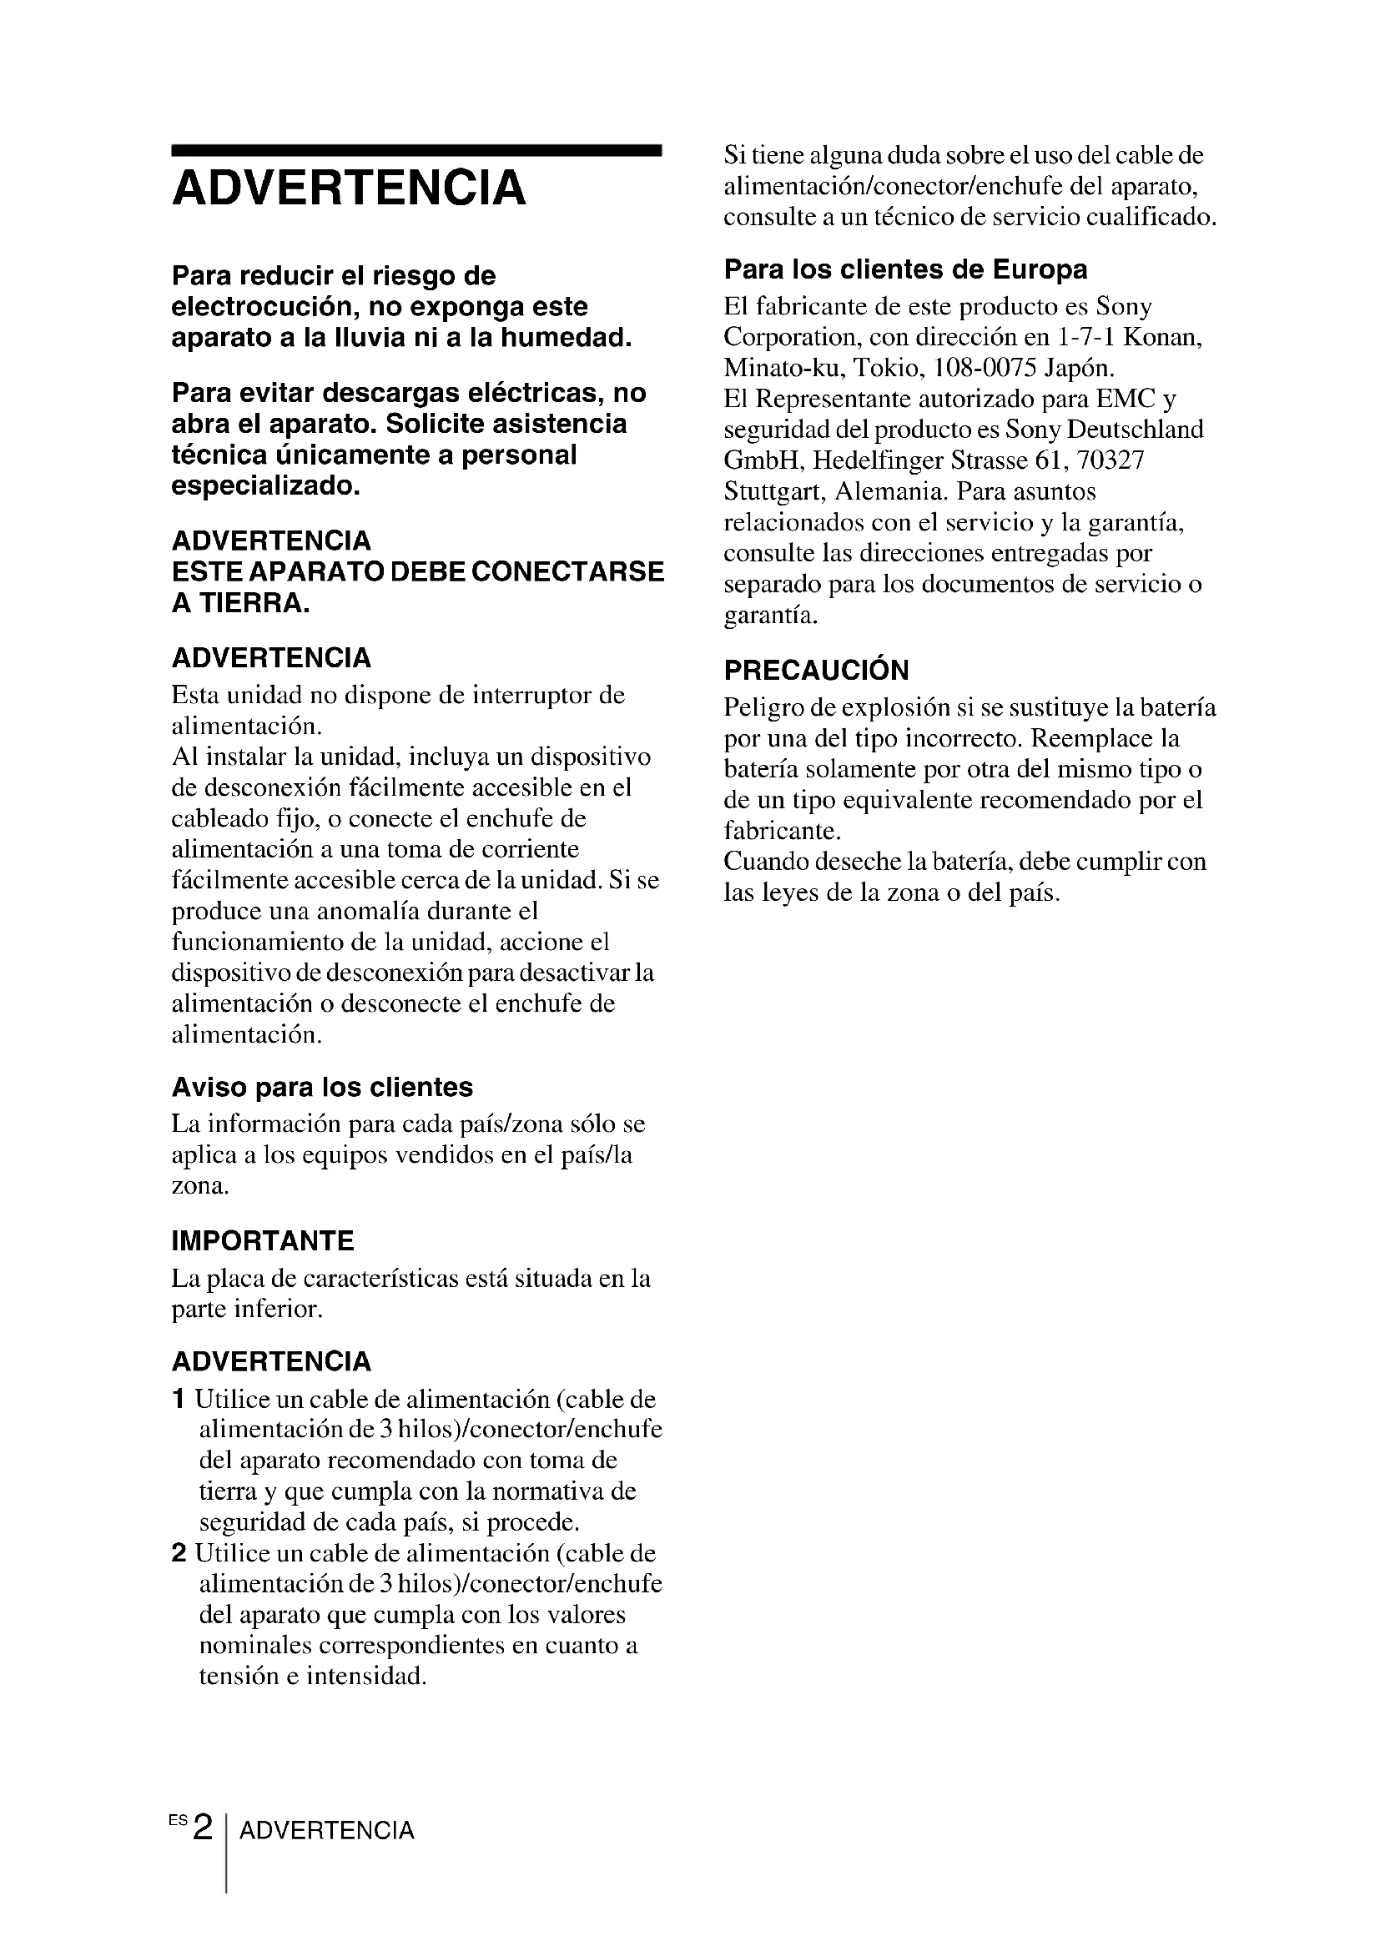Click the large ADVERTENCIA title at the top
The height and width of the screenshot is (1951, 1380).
click(x=349, y=188)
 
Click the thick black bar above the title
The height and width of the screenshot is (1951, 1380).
click(x=416, y=150)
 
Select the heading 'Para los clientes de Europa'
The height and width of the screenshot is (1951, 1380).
click(x=905, y=269)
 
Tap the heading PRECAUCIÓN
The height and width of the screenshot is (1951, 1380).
click(x=816, y=670)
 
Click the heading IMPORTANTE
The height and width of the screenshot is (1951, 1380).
click(x=263, y=1240)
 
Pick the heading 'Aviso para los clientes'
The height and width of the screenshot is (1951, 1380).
click(x=322, y=1087)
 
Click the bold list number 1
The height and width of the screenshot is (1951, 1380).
click(x=179, y=1400)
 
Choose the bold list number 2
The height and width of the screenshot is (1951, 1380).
click(x=179, y=1553)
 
